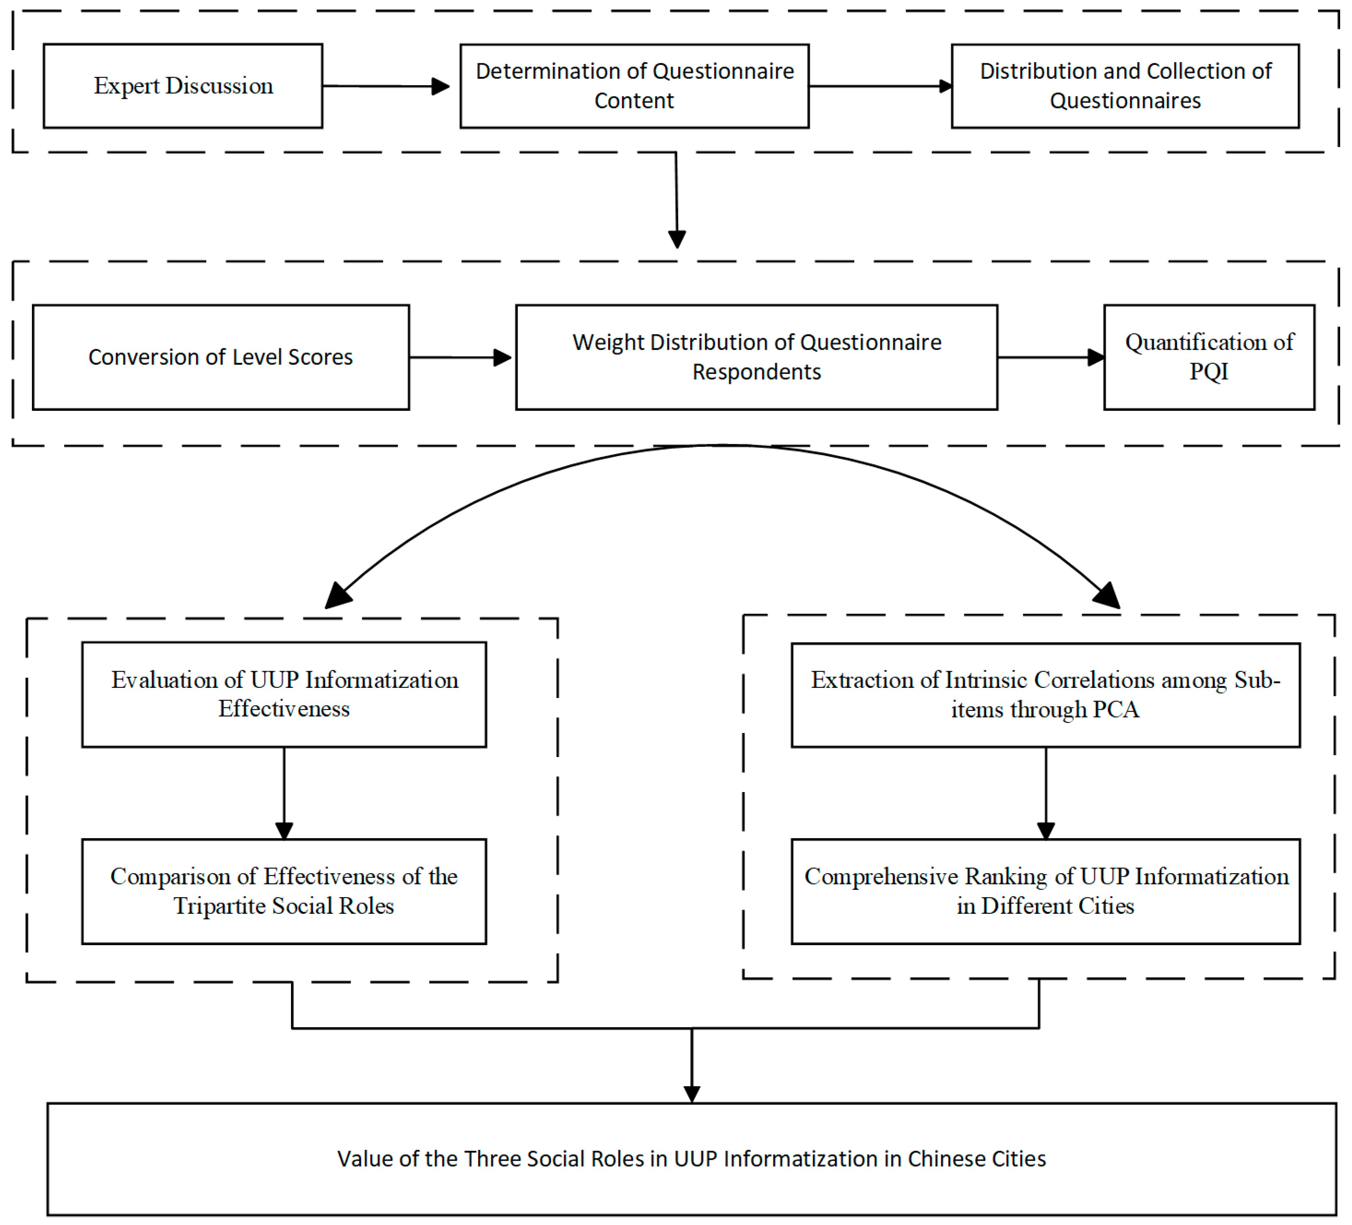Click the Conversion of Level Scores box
(220, 357)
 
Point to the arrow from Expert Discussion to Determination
(386, 86)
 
